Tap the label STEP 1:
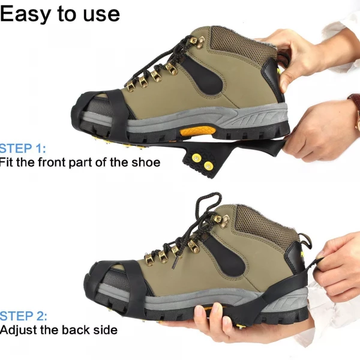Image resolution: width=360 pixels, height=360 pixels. pyautogui.click(x=23, y=148)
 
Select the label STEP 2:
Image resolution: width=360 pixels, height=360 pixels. pyautogui.click(x=23, y=316)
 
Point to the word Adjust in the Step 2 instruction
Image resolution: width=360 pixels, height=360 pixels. pyautogui.click(x=19, y=330)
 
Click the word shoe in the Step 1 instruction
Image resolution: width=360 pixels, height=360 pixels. pyautogui.click(x=146, y=163)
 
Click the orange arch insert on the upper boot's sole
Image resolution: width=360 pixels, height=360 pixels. pyautogui.click(x=197, y=131)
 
